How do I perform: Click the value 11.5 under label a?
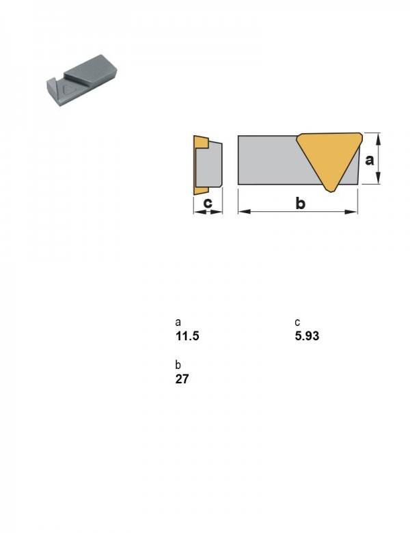point(187,336)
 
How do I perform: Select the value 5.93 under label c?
point(307,336)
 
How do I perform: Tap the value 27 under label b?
point(182,379)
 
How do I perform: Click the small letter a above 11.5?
point(178,323)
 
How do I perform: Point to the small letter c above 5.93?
point(297,323)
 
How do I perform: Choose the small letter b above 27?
point(178,365)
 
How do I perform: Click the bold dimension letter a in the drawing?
point(369,160)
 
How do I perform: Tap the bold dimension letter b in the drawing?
point(300,203)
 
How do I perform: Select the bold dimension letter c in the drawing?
point(207,203)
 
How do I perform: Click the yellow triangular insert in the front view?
point(330,156)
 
